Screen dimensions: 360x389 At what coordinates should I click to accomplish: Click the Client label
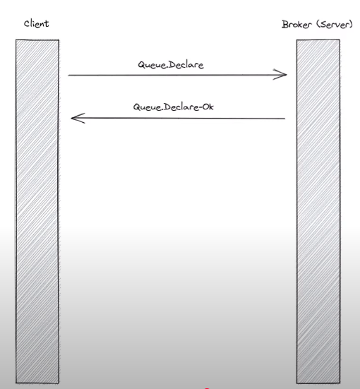click(x=36, y=24)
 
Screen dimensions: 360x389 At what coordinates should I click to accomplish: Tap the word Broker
click(x=296, y=24)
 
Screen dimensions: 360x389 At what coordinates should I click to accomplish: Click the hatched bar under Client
click(x=37, y=211)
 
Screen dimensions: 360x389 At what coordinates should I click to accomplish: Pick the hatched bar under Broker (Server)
click(x=318, y=211)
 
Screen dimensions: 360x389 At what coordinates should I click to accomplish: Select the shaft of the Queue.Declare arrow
click(x=177, y=75)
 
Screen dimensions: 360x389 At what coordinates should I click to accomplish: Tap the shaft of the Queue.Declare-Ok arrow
click(x=178, y=119)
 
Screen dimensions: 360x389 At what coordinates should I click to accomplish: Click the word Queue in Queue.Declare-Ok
click(x=147, y=107)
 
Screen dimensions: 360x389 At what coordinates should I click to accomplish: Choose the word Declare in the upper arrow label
click(x=187, y=65)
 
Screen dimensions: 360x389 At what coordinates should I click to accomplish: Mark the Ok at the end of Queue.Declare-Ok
click(x=208, y=107)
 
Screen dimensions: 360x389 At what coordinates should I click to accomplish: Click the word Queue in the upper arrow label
click(x=152, y=65)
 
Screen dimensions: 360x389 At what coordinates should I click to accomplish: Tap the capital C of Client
click(x=27, y=24)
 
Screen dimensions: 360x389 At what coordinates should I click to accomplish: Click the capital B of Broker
click(x=285, y=24)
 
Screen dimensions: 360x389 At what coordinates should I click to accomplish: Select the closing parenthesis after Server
click(x=350, y=24)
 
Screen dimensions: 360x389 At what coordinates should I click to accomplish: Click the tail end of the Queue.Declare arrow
click(x=68, y=75)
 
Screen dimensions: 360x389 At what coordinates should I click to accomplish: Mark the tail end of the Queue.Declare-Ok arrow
click(x=285, y=119)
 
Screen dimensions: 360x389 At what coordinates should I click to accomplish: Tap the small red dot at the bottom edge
click(x=207, y=388)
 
